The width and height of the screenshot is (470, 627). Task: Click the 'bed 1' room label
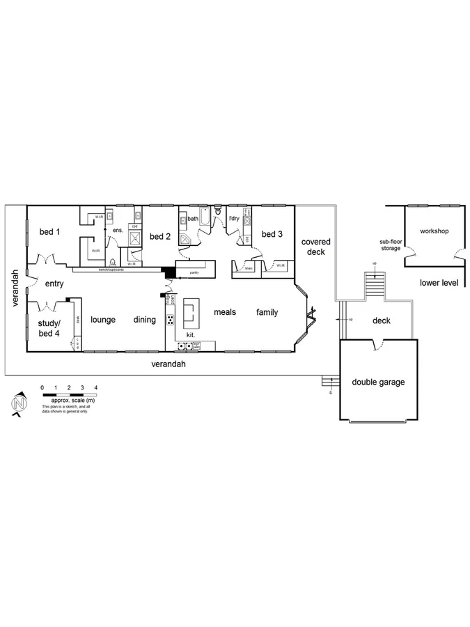[48, 231]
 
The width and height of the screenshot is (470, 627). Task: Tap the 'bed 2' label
[159, 236]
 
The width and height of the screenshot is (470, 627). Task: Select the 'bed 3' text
[272, 234]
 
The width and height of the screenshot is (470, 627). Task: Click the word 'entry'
[54, 284]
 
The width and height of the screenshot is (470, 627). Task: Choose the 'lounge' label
[103, 320]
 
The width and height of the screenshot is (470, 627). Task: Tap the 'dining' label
[145, 320]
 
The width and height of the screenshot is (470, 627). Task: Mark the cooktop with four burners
[170, 320]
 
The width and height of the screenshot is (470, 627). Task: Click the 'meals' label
[225, 312]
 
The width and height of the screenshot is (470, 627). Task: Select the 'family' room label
[266, 312]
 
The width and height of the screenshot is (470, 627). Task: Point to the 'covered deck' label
[315, 247]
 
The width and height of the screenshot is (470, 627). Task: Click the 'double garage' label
[378, 382]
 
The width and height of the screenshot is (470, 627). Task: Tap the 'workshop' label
[433, 231]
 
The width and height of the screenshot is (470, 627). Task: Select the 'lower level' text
[439, 283]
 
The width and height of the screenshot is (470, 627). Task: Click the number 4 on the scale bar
[96, 387]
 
